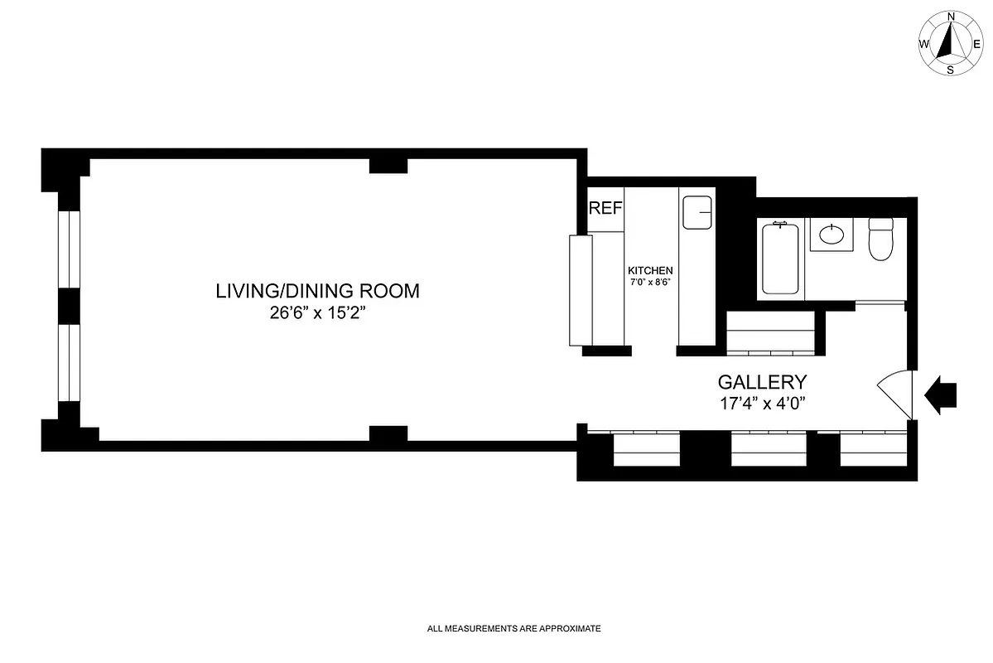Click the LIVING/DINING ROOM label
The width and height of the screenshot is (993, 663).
click(317, 291)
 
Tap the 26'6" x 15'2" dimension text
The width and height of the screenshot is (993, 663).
click(317, 313)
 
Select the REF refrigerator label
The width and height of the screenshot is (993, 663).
click(605, 208)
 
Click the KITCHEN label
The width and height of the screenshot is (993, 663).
click(650, 271)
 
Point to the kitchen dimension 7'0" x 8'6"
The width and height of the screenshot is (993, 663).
click(650, 283)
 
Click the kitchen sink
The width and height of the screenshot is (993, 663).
click(697, 213)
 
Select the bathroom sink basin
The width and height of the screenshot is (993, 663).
click(832, 235)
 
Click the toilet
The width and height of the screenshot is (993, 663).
click(880, 238)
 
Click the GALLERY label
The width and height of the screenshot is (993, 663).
click(762, 382)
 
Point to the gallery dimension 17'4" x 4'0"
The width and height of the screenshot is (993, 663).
click(762, 404)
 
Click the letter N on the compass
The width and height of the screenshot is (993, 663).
click(951, 17)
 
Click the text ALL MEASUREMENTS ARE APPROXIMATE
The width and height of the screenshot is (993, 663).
click(513, 629)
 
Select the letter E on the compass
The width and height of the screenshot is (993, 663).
click(978, 44)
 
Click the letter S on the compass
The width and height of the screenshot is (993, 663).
click(950, 70)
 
